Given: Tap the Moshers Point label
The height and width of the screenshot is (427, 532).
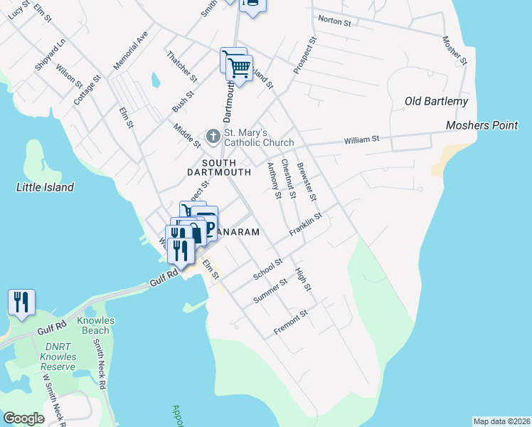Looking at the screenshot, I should [482, 125].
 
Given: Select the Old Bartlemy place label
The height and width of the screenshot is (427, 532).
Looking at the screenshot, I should [436, 101].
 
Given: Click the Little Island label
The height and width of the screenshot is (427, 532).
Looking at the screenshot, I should [45, 187].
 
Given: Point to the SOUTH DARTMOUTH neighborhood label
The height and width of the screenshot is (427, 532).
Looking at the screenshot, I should [218, 167].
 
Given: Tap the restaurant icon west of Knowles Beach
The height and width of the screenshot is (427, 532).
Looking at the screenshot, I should [21, 302].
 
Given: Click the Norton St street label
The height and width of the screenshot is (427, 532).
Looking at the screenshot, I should [335, 21].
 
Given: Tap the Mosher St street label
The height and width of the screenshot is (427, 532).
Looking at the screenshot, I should [454, 51].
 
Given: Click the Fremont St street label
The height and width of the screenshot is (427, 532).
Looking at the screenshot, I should [290, 322].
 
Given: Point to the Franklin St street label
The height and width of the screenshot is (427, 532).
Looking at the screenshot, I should [306, 223].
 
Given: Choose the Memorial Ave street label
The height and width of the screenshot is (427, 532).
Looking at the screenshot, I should [129, 51].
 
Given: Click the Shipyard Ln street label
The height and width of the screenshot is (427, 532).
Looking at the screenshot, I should [50, 54].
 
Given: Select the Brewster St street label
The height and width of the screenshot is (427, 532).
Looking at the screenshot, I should [307, 181].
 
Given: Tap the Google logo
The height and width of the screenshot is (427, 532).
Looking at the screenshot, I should [23, 418].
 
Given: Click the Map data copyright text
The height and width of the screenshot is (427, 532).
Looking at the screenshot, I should [501, 421].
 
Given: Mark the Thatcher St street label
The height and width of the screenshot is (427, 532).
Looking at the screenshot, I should [181, 65].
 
